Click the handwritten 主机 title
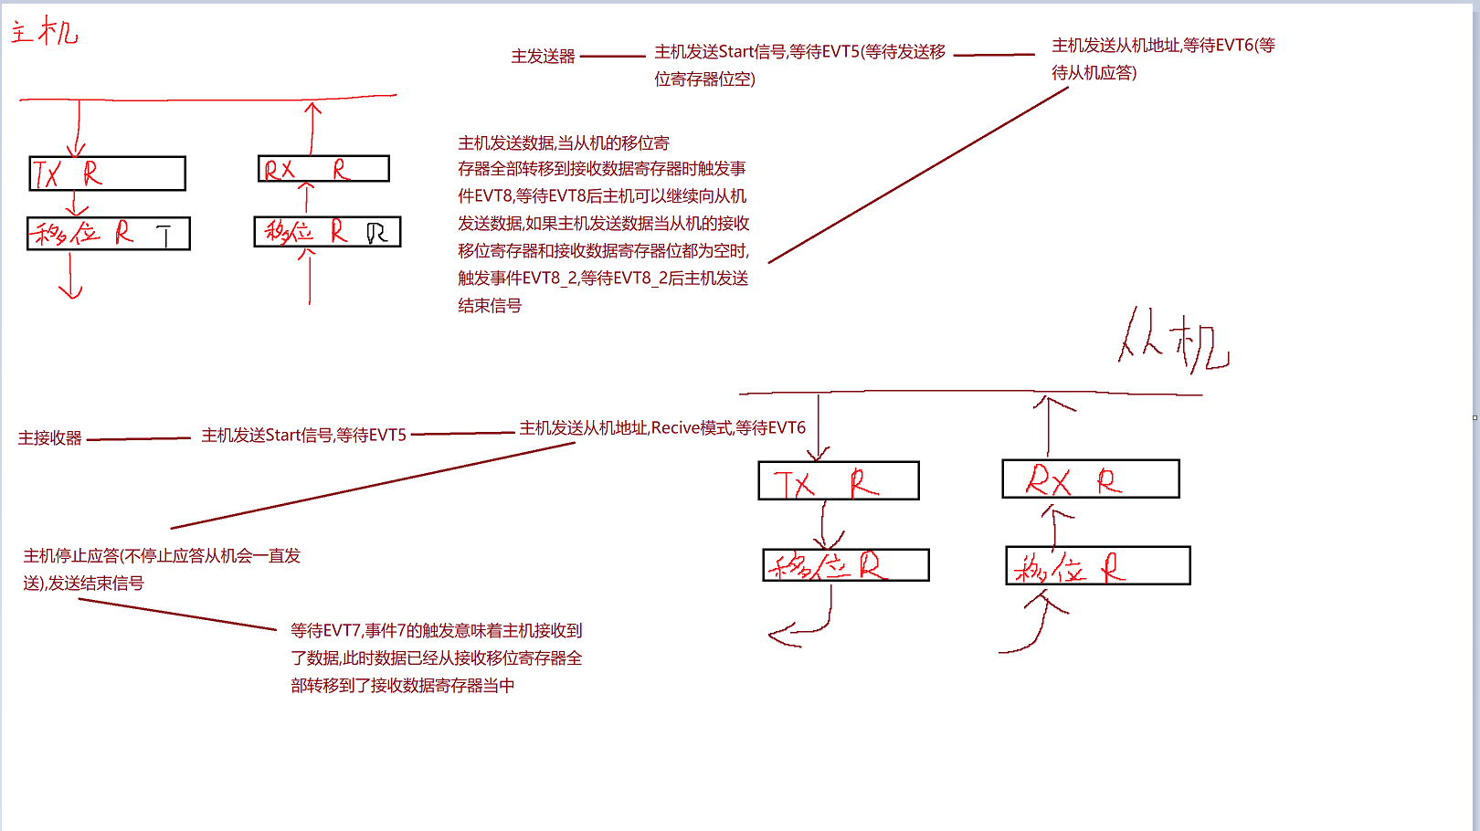coord(44,32)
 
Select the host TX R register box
coord(108,174)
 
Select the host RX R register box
coord(323,169)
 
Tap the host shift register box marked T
coord(109,234)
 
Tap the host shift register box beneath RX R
coord(327,232)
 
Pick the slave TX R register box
coord(839,481)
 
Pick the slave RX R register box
coord(1091,479)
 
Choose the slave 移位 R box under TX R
coord(846,565)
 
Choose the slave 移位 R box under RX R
coord(1098,566)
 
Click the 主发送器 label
coord(543,57)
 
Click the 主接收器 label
coord(50,438)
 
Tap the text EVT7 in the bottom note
coord(344,631)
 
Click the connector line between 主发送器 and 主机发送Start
coord(612,57)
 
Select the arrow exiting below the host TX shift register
coord(70,277)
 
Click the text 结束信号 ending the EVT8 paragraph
coord(490,306)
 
